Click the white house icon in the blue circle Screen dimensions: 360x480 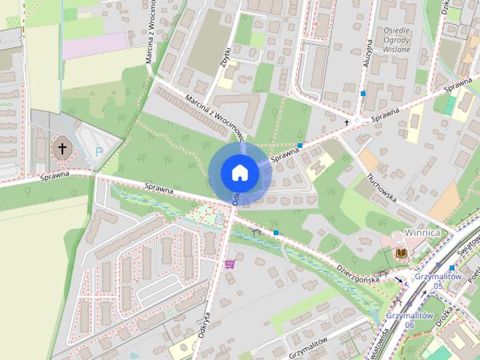pyautogui.click(x=240, y=172)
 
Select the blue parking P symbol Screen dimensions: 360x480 pyautogui.click(x=99, y=151)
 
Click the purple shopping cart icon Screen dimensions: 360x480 pyautogui.click(x=229, y=264)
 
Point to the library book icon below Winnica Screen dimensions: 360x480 pyautogui.click(x=401, y=253)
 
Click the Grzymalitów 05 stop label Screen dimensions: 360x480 pyautogui.click(x=428, y=280)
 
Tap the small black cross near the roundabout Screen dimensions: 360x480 pyautogui.click(x=346, y=121)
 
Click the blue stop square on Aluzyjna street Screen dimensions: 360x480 pyautogui.click(x=363, y=94)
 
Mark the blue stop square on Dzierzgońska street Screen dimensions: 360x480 pyautogui.click(x=276, y=233)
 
